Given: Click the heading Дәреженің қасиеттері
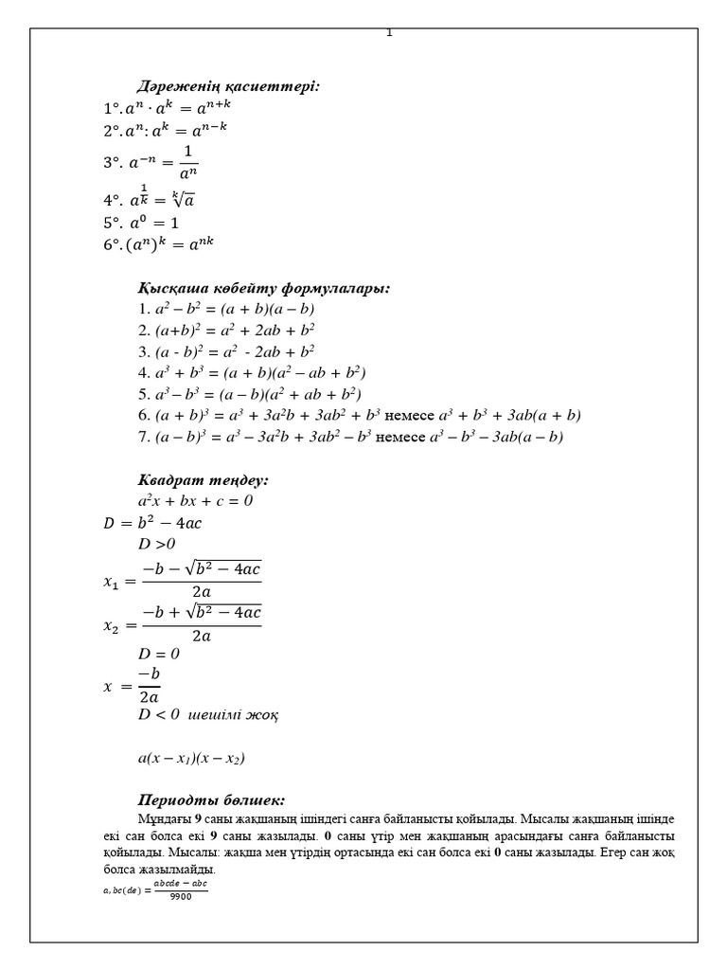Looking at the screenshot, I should tap(228, 86).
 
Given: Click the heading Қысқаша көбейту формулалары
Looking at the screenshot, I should tap(264, 287).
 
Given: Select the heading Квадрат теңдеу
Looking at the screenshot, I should tap(204, 480).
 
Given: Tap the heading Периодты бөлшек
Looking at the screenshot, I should tap(211, 799).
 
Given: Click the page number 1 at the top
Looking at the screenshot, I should tap(389, 33).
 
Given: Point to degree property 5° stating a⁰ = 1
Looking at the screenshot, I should tap(141, 223).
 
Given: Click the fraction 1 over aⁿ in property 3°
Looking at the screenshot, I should tap(186, 162).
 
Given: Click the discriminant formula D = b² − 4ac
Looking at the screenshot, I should tap(152, 522).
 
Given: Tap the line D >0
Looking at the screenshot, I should tap(157, 543).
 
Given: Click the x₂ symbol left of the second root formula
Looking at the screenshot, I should tap(113, 624).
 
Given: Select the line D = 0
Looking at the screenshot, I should tap(158, 653).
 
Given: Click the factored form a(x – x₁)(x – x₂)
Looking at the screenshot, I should tap(192, 758).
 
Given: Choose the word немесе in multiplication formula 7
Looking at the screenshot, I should tap(401, 437).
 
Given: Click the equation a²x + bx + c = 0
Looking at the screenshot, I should tap(195, 500).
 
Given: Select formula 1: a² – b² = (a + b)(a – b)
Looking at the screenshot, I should tap(225, 309).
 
